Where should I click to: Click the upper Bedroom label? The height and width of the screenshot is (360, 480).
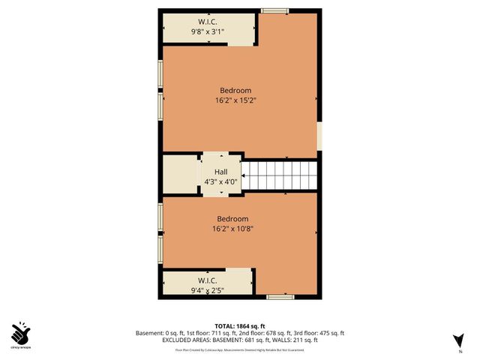tap(235, 91)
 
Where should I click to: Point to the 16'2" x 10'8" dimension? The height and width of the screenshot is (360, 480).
tap(232, 229)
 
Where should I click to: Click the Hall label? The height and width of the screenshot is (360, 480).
tap(220, 171)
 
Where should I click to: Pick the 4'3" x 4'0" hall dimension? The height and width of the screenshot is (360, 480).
tap(220, 181)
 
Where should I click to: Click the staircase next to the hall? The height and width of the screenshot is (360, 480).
tap(280, 175)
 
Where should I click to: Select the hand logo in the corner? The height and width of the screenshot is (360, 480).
tap(20, 331)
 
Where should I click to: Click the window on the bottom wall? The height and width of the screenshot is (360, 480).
tap(279, 298)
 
